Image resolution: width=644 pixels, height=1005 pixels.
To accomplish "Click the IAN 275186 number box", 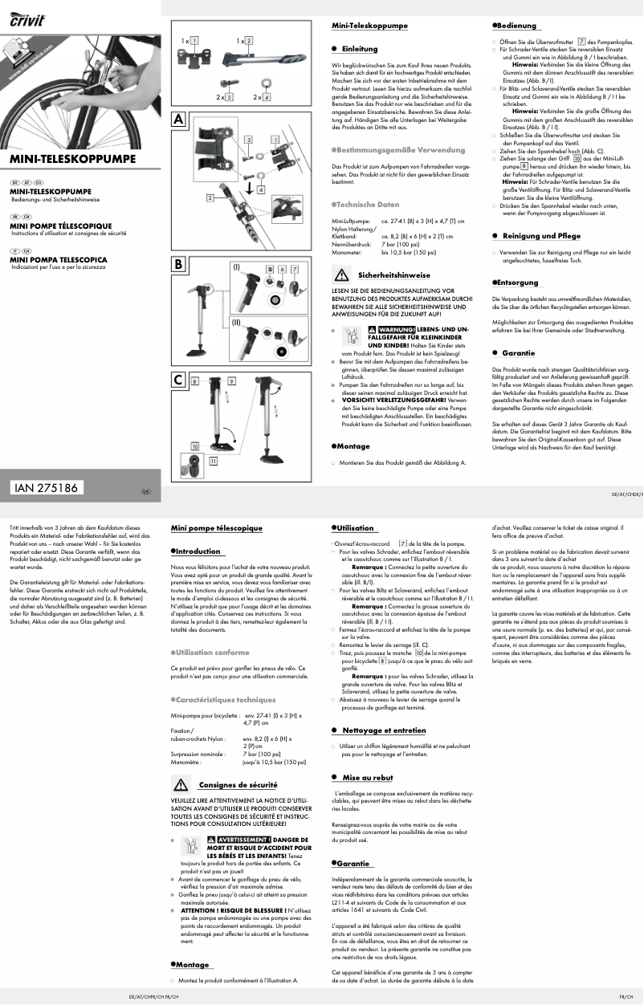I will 47,487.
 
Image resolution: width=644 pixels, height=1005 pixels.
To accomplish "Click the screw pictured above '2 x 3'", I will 227,80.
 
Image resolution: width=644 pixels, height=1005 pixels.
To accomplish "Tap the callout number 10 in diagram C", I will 194,446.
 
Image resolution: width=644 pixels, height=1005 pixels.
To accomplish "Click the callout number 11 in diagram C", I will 213,462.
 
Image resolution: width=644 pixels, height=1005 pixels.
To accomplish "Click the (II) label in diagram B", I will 236,321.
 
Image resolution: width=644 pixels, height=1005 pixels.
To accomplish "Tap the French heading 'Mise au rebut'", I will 367,778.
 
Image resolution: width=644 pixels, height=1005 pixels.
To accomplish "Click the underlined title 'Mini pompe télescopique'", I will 217,528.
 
